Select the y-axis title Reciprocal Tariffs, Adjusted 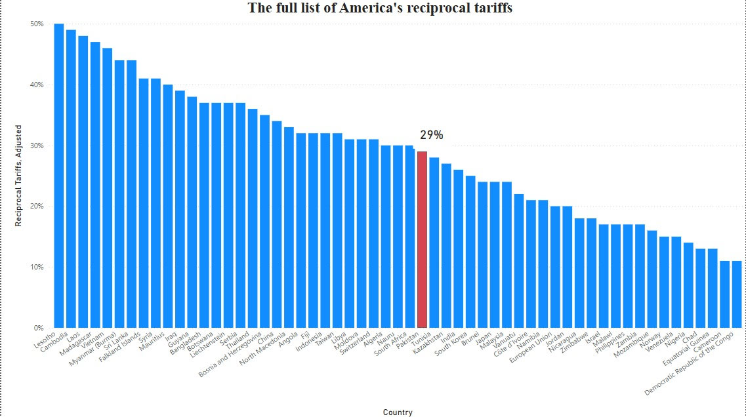tap(20, 175)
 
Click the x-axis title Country tap(398, 412)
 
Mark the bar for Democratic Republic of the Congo tap(736, 294)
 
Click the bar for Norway tap(664, 282)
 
